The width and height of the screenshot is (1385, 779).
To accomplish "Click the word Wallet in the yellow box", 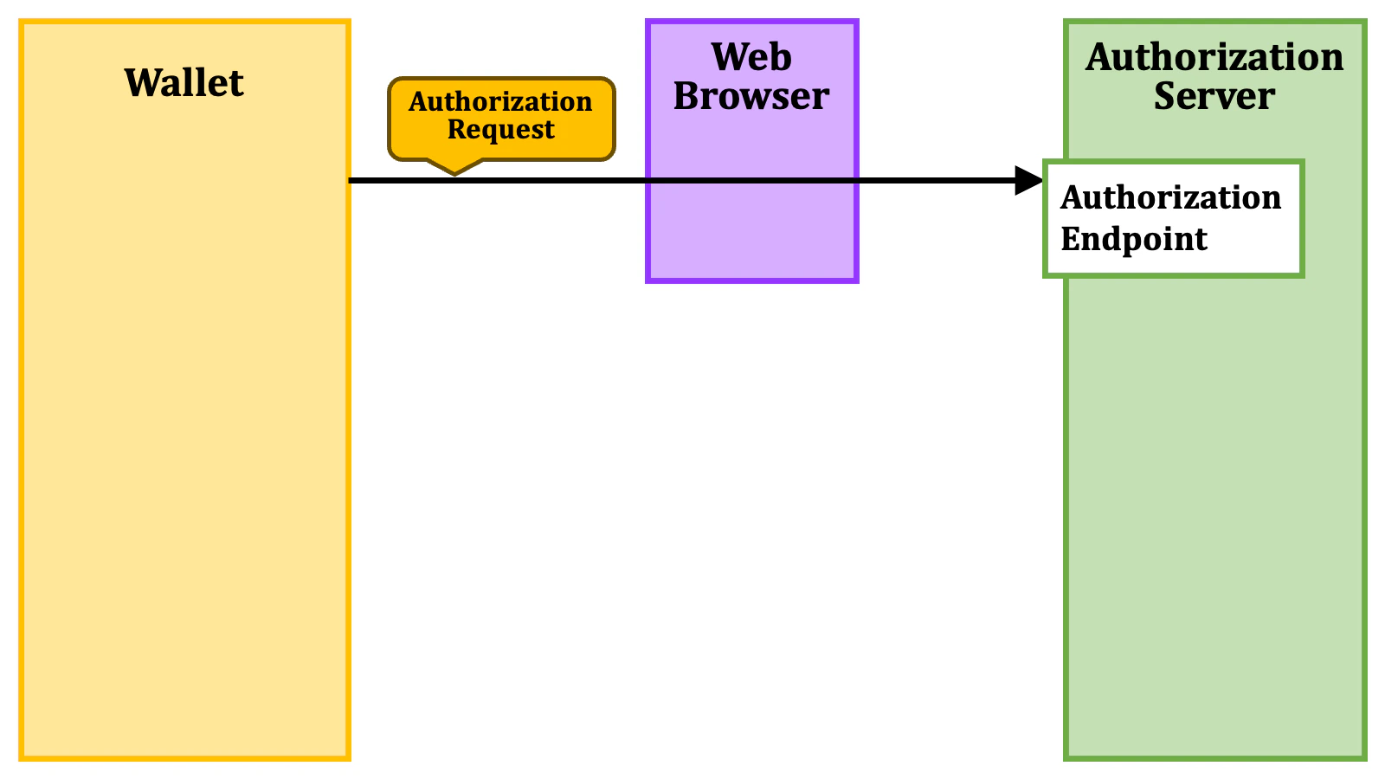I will coord(184,83).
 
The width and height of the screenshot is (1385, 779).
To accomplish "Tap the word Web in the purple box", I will coord(751,58).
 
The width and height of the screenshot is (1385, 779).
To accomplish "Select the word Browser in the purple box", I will coord(751,96).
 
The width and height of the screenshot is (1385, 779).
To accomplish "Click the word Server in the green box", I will coord(1214,96).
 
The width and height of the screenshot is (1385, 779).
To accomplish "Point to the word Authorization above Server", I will coord(1214,58).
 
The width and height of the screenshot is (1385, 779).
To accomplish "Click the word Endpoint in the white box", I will coord(1133,239).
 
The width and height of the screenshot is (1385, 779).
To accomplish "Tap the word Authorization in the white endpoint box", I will coord(1170,198).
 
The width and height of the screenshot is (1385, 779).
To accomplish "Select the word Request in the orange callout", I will coord(500,130).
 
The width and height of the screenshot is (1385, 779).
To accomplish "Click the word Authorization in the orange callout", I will coord(500,102).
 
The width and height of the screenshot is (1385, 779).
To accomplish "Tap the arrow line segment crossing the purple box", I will coord(751,180).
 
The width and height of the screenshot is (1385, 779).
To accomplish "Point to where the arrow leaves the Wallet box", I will coord(351,180).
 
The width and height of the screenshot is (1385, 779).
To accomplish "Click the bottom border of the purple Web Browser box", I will coord(751,280).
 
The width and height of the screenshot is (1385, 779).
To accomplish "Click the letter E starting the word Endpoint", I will coord(1070,239).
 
